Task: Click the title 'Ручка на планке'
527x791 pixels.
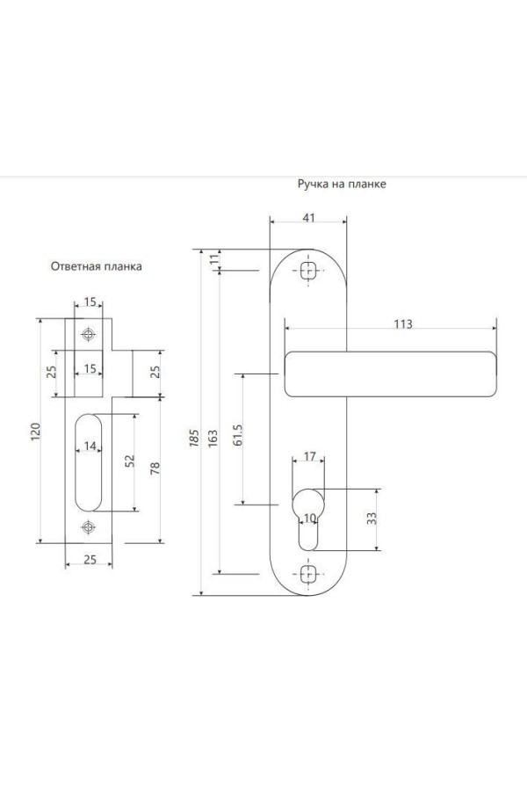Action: pos(342,185)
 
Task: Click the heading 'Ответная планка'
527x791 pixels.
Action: pos(95,265)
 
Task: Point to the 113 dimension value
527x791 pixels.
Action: pos(402,323)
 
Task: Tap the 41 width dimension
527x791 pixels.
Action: pos(307,219)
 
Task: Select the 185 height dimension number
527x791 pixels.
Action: pos(195,437)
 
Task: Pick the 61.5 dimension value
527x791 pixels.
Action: pos(238,438)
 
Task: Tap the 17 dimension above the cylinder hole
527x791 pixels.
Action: pos(309,457)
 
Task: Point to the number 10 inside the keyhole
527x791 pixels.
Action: pos(308,519)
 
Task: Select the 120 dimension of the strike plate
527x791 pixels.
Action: pos(36,432)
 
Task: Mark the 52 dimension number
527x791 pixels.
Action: pos(131,461)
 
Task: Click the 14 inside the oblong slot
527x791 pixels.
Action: pos(89,446)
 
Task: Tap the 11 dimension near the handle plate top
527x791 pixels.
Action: pos(213,259)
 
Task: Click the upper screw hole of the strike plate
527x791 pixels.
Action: pos(88,334)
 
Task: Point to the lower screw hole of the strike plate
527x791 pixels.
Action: pos(88,527)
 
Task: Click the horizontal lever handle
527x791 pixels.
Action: pos(390,373)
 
